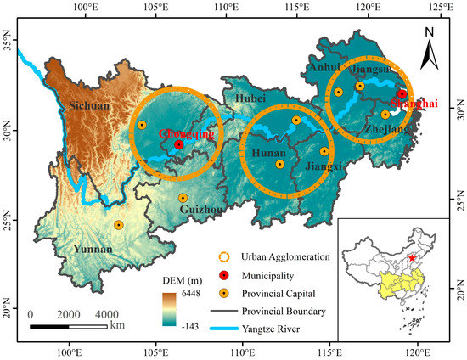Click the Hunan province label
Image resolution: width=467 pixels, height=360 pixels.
(268, 152)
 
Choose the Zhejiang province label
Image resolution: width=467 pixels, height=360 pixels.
(387, 128)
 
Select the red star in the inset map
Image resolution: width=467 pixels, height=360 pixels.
(412, 258)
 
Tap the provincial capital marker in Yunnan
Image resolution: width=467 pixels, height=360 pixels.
(118, 225)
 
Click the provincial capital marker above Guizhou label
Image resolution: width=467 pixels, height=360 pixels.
(183, 198)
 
